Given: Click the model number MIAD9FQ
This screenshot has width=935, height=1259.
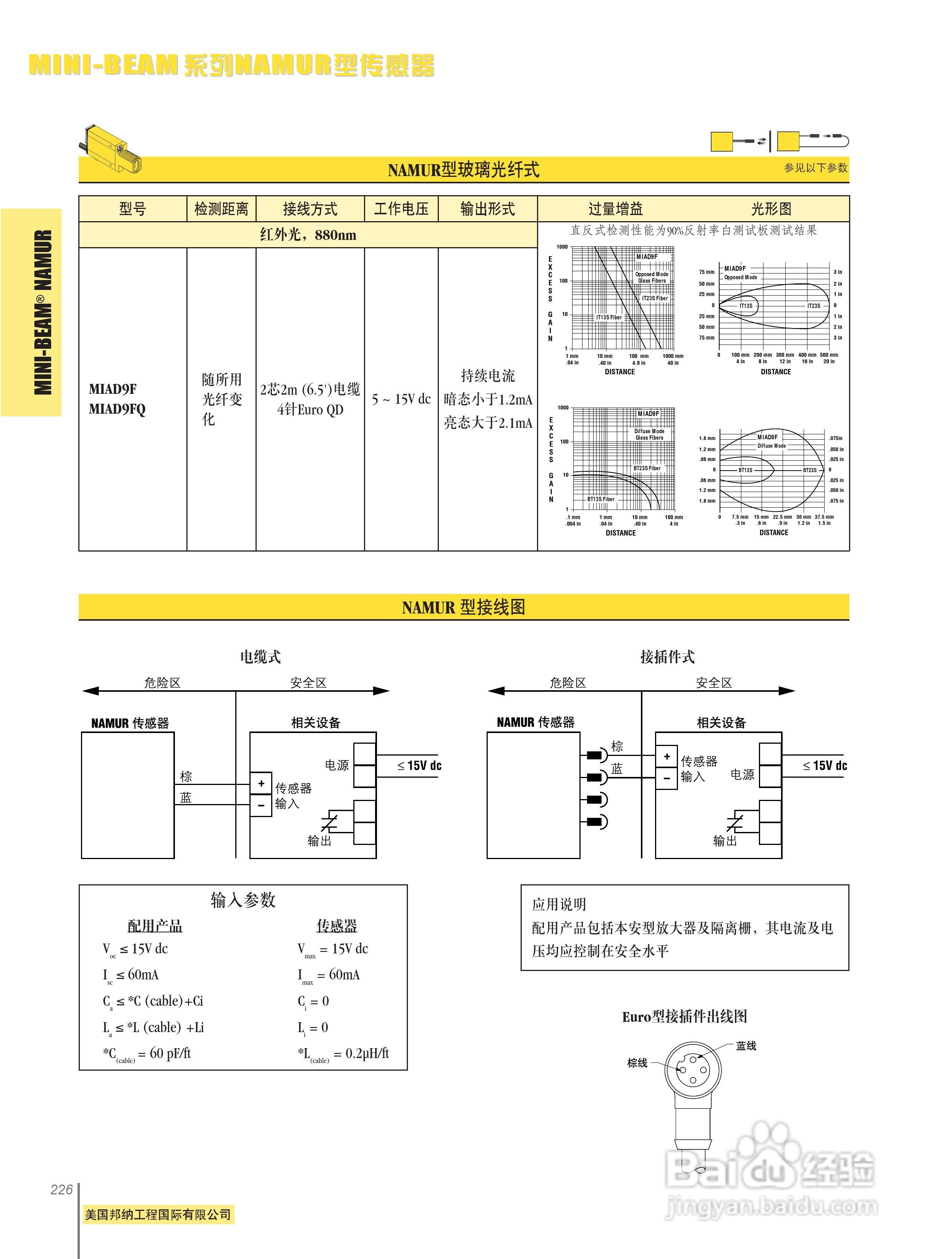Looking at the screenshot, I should coord(117,409).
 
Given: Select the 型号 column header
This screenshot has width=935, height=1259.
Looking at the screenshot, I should coord(133,209).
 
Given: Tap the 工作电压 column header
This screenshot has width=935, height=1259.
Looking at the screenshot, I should coord(401,209).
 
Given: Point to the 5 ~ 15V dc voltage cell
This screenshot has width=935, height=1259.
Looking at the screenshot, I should coord(401,399).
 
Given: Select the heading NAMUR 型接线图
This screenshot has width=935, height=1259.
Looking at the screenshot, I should coord(464,607).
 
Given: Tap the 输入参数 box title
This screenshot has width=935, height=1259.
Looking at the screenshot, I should coord(243,900).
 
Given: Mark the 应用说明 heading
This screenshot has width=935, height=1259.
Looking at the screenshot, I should coord(559,904).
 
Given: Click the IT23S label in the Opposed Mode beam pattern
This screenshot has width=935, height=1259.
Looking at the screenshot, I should coord(813,306).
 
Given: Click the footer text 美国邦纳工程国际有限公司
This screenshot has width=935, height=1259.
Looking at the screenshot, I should coord(158,1214).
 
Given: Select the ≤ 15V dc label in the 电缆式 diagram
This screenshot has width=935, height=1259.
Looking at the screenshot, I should coord(419,766).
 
